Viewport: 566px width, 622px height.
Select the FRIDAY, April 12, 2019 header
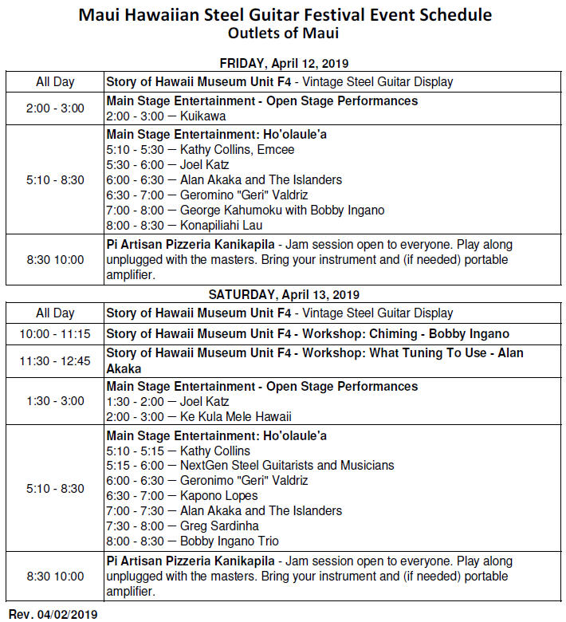[284, 64]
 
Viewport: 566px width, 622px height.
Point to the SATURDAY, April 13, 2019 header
[284, 295]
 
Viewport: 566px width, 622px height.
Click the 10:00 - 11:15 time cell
[55, 334]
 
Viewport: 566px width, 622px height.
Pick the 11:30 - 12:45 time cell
[55, 361]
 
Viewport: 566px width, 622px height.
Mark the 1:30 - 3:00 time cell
[55, 401]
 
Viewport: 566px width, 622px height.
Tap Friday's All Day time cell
[55, 81]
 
